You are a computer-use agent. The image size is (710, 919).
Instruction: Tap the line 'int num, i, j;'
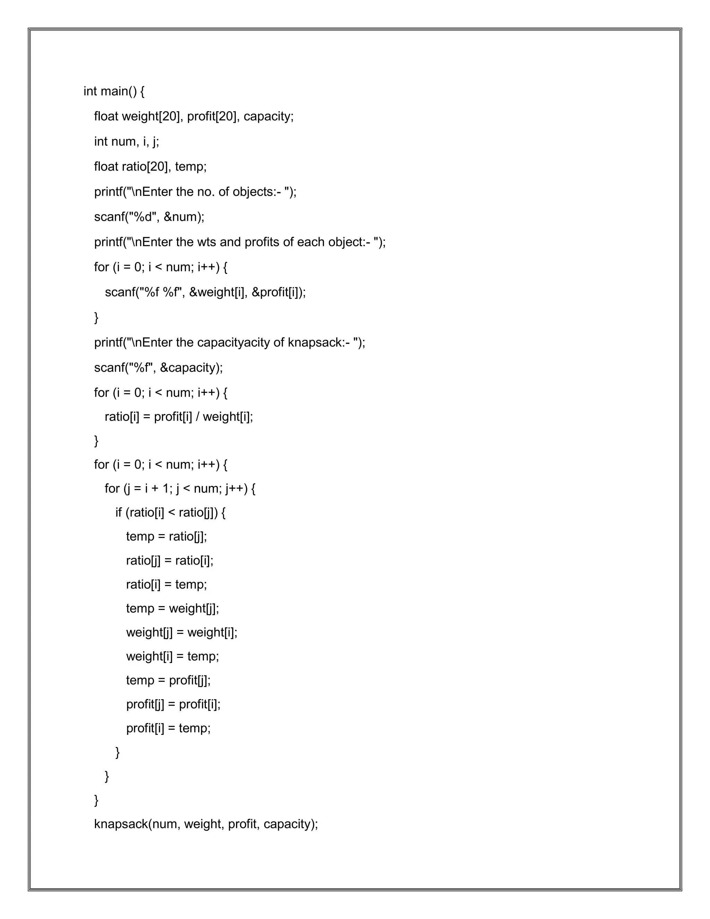tap(127, 141)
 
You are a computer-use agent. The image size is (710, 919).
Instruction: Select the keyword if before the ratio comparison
tap(119, 513)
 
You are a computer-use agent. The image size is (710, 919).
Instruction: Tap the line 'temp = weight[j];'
tap(172, 609)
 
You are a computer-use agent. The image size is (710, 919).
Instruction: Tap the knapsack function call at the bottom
tap(120, 824)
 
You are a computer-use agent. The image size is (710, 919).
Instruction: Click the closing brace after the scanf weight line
tap(96, 317)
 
